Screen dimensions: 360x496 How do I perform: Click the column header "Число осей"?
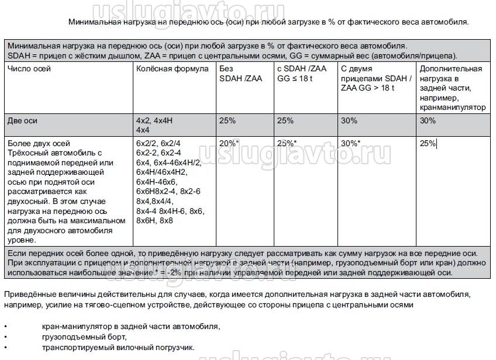[29, 69]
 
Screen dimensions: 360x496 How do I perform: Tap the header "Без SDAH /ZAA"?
[240, 74]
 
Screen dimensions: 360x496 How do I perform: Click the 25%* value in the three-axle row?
[287, 143]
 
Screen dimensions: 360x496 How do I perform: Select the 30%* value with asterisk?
[350, 143]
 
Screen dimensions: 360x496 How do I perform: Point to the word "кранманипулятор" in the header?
[453, 107]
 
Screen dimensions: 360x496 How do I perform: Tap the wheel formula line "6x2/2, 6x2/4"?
[159, 143]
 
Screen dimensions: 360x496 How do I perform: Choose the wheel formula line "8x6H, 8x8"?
[154, 220]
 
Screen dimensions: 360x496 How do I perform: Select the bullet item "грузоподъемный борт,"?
[84, 337]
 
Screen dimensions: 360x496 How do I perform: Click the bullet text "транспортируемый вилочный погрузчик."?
[118, 347]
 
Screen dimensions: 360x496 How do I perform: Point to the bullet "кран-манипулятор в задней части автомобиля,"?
[131, 326]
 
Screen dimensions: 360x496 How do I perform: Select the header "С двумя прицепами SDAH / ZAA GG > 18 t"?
[376, 78]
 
